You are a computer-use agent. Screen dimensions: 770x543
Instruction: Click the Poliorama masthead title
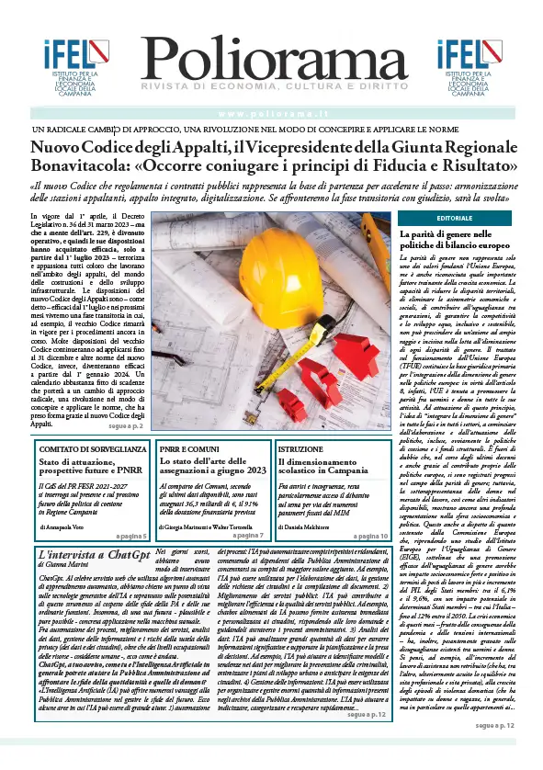coord(273,66)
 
